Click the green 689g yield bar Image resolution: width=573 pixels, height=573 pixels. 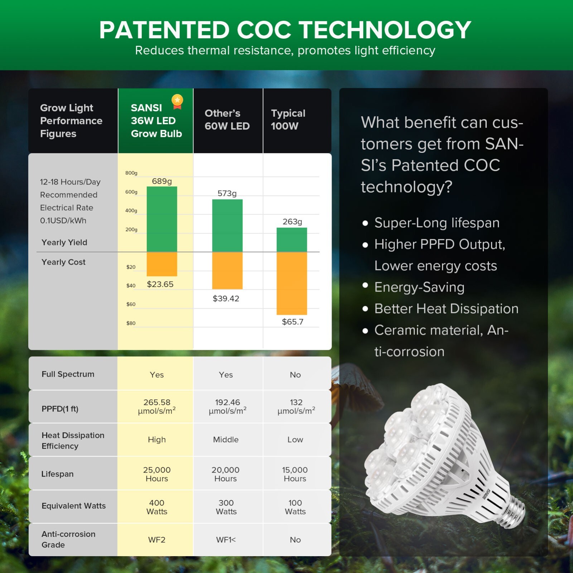(x=162, y=219)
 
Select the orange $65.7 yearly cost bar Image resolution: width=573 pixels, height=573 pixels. (x=292, y=283)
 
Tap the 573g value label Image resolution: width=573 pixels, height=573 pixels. (x=227, y=194)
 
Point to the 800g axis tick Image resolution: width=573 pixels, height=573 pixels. (x=131, y=173)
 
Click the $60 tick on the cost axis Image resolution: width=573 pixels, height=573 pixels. (x=131, y=304)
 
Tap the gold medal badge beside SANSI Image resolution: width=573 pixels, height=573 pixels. (x=177, y=102)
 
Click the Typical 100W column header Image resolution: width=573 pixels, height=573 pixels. (x=288, y=120)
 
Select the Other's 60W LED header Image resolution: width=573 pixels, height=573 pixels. (x=227, y=120)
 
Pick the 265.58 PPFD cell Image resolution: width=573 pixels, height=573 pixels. (x=157, y=406)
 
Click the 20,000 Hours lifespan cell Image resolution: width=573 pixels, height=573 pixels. (x=226, y=474)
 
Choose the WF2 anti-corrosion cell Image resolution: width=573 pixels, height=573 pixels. (x=157, y=540)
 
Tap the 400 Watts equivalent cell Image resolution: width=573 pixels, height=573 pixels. (x=157, y=507)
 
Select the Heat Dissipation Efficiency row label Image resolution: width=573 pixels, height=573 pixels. (x=73, y=440)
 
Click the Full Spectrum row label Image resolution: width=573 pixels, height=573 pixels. (x=68, y=374)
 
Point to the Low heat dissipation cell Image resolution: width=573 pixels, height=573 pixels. (x=295, y=439)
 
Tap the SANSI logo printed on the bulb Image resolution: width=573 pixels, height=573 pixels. (x=486, y=494)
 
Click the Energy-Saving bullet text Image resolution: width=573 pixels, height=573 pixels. (x=419, y=287)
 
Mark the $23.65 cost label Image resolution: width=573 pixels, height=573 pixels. (x=160, y=284)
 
